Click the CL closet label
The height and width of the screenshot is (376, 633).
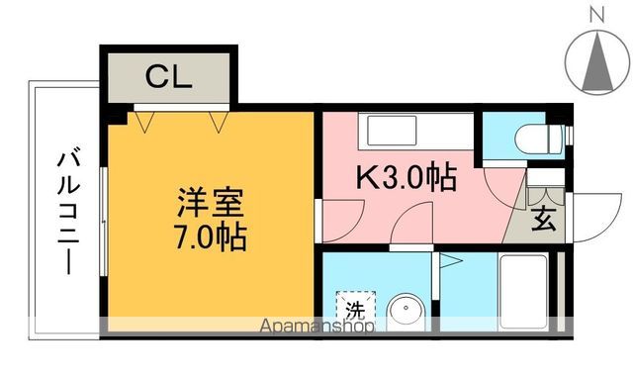168,76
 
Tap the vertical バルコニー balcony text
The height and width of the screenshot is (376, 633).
68,209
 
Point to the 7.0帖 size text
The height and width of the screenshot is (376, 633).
210,237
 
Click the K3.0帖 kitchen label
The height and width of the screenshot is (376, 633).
406,178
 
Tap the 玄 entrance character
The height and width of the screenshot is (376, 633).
545,220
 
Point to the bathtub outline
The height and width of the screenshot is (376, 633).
523,293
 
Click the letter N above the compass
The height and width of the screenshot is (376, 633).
595,14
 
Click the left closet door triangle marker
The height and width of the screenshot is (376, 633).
146,122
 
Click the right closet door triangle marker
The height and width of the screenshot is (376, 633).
220,122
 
